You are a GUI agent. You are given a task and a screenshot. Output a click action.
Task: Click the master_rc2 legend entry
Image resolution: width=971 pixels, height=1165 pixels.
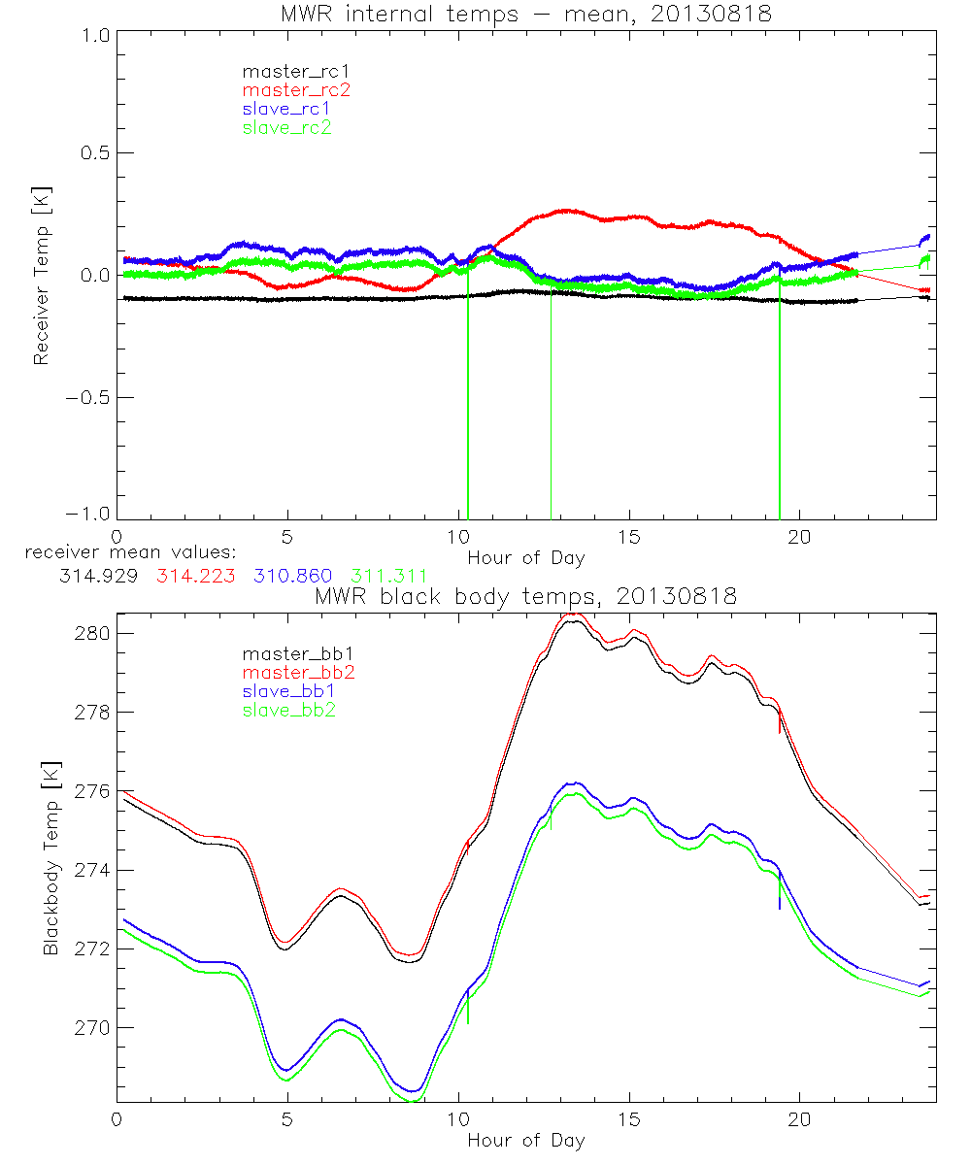296,89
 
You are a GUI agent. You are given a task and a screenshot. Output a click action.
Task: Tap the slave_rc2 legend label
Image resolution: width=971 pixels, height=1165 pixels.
286,127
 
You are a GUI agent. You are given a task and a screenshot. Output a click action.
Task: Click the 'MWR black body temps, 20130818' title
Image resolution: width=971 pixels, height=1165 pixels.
524,596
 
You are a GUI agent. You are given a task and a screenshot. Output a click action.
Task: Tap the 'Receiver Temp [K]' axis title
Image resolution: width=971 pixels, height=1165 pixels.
41,275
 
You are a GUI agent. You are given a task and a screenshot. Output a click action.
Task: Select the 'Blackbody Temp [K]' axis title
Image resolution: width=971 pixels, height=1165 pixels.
50,858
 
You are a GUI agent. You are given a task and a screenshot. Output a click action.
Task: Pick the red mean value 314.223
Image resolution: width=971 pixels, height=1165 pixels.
191,576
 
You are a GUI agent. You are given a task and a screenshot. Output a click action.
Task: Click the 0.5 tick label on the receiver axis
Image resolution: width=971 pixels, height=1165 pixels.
91,152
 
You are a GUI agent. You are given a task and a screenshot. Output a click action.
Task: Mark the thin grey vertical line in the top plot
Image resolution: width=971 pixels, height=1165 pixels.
552,408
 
